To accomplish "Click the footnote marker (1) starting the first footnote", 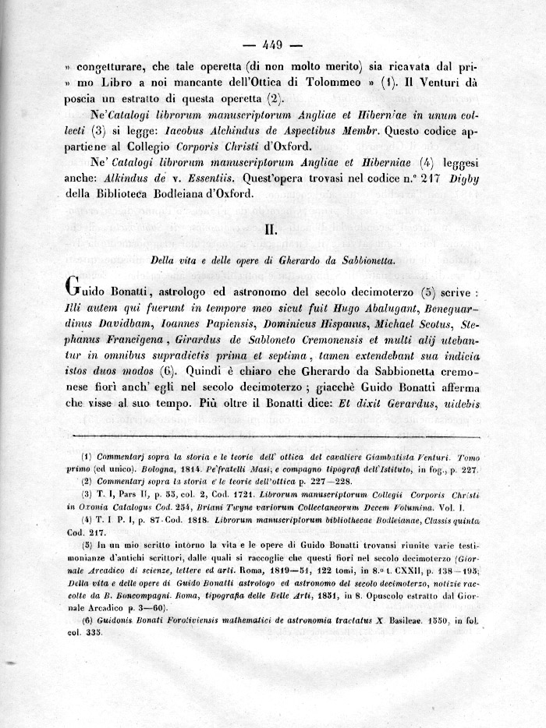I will [87, 456].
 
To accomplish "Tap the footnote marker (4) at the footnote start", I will [87, 519].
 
